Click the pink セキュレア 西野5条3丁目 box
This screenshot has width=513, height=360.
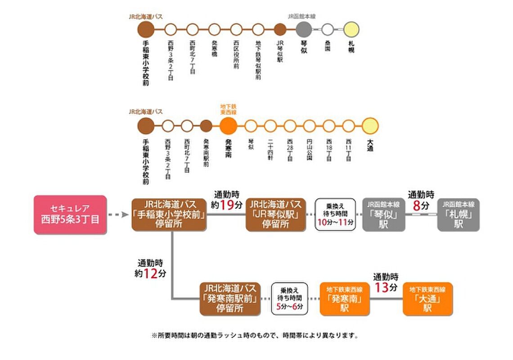70,214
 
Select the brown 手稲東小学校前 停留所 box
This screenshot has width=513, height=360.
169,215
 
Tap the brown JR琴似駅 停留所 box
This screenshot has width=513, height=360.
276,215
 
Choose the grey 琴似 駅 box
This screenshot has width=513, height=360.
383,215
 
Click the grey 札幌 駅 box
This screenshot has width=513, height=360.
458,215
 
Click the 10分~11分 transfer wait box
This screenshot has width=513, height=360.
335,215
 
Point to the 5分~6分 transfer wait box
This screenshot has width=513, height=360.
290,298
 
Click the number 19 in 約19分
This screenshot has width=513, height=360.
228,205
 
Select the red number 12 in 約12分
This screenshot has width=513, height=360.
150,273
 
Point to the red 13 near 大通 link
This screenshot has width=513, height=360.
382,287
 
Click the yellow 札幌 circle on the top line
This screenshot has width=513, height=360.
351,30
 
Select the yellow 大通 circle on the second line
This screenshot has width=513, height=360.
370,126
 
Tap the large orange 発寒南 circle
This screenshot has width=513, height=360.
228,126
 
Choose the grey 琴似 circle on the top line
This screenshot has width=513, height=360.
304,30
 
